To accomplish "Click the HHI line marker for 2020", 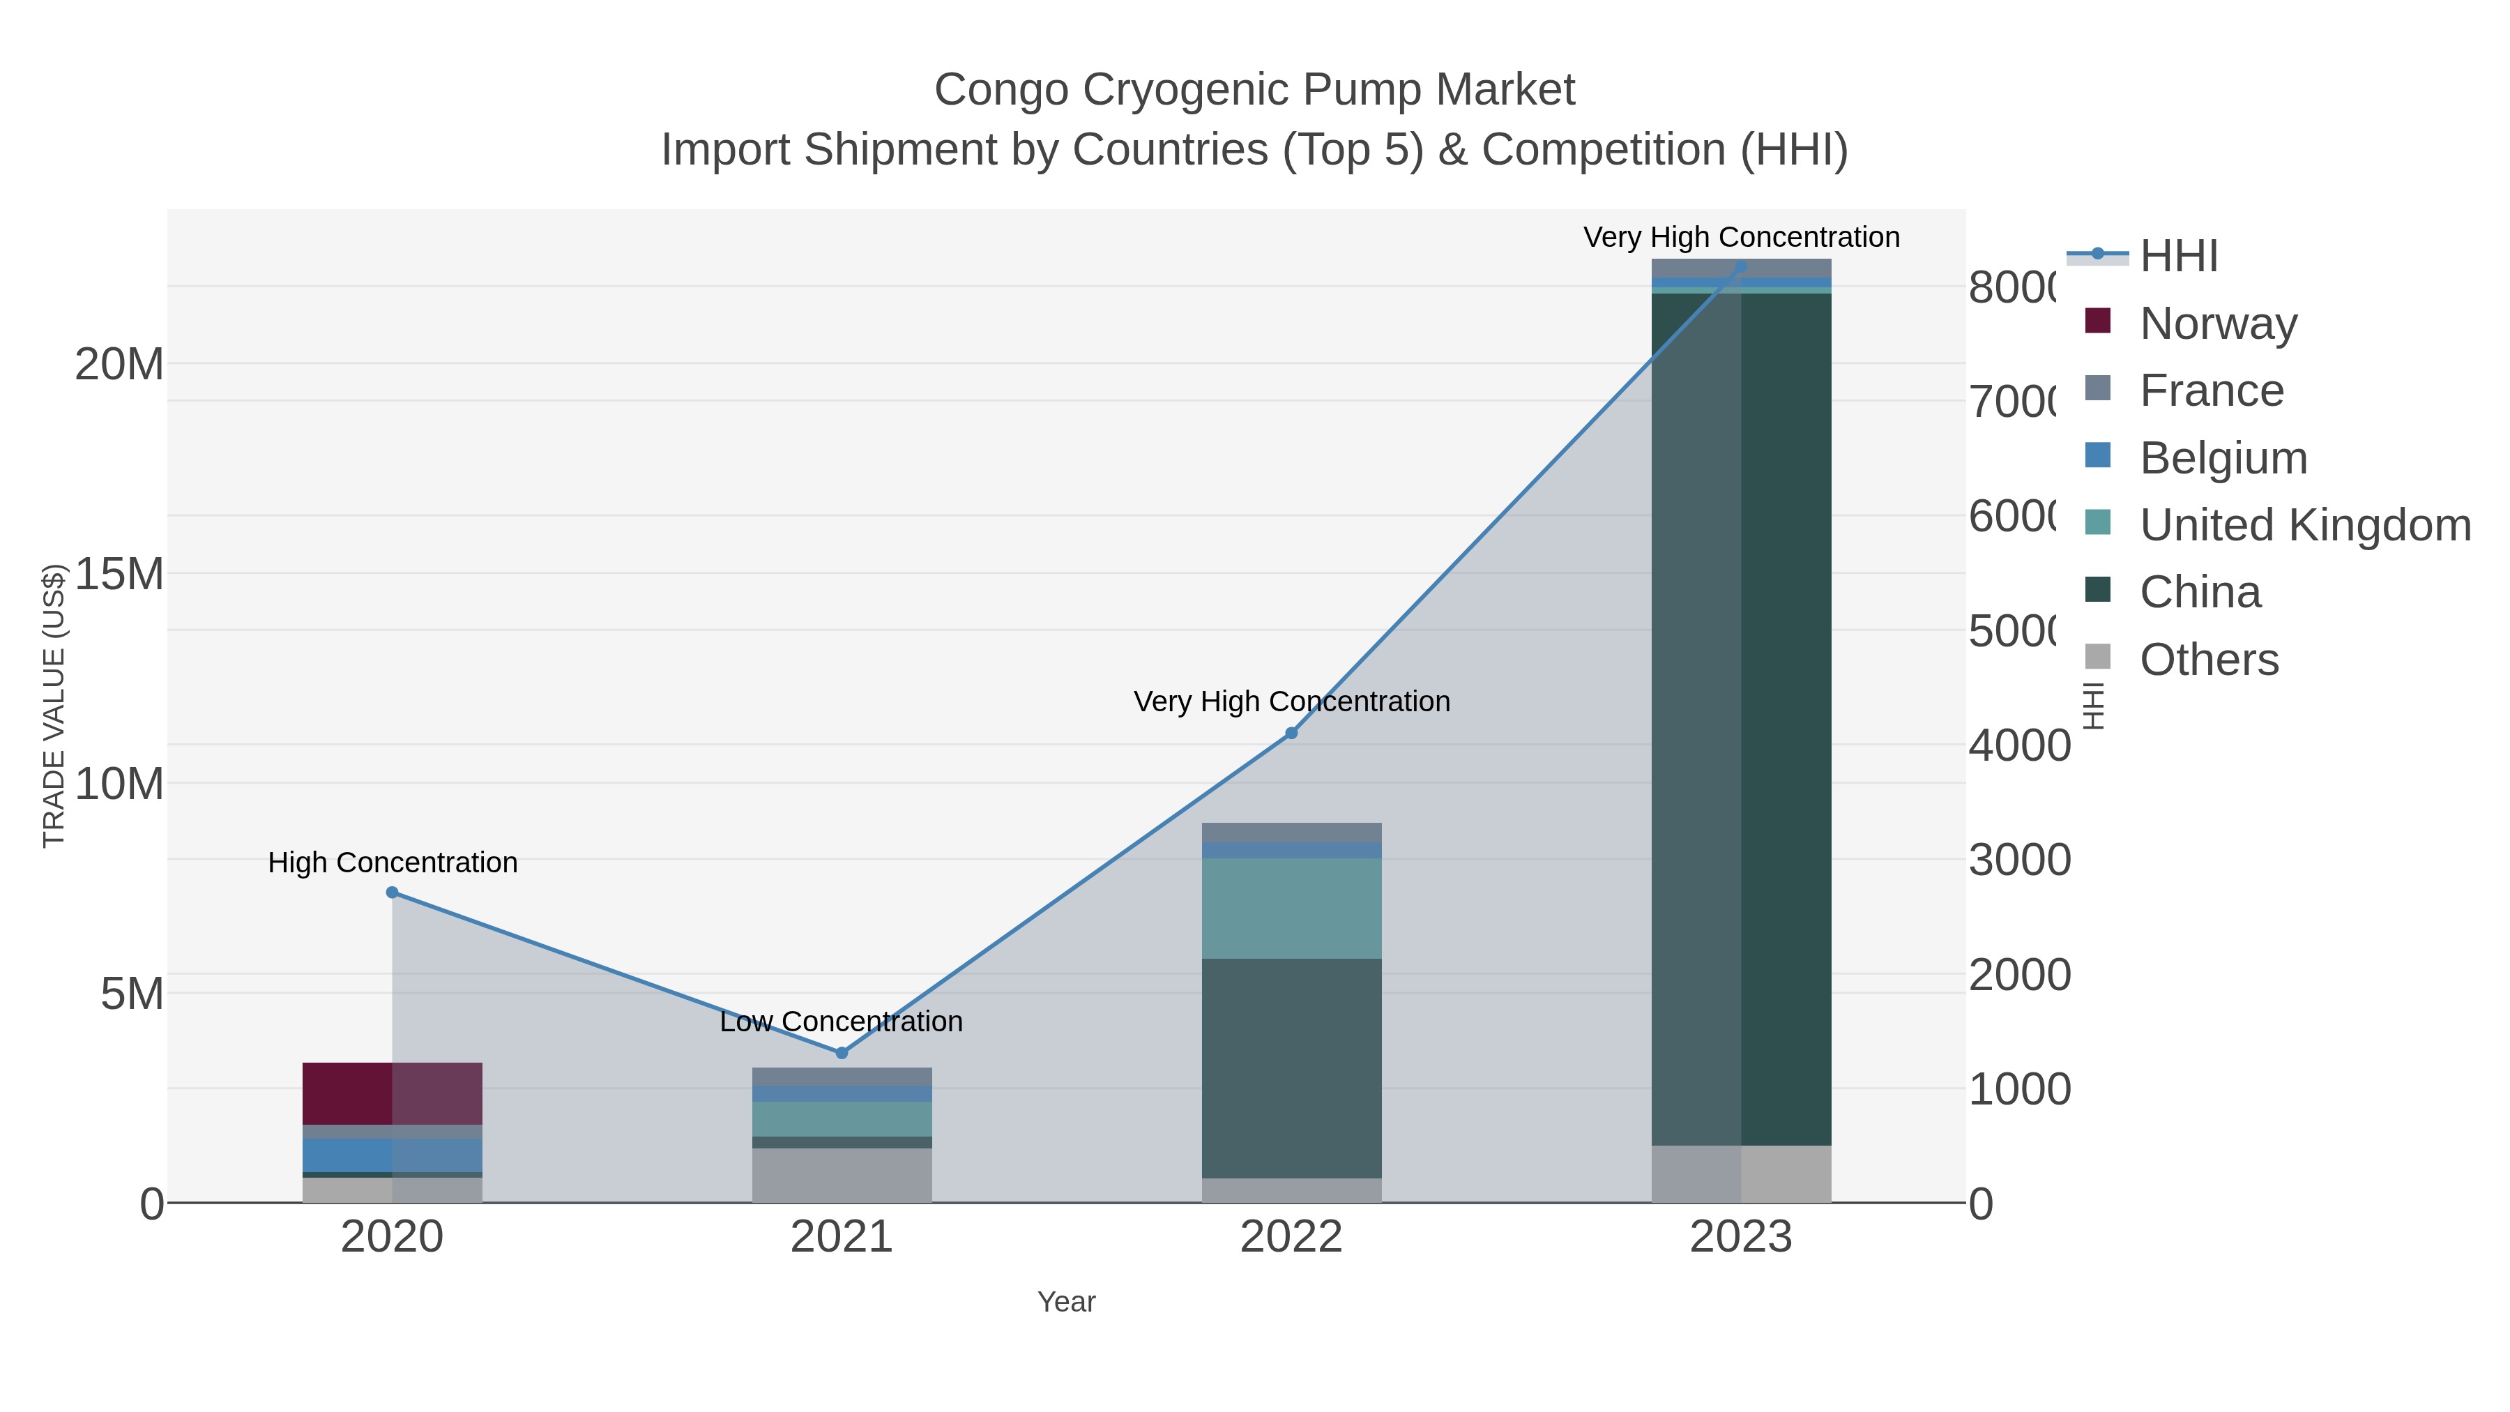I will tap(392, 892).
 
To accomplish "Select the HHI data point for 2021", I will tap(842, 1052).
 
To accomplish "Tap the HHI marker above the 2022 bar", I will tap(1291, 733).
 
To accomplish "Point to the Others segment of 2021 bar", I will tap(842, 1175).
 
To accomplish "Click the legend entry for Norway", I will tap(2218, 323).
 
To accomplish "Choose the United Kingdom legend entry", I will tap(2304, 525).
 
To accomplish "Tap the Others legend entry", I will tap(2208, 660).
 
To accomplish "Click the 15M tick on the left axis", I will tap(119, 574).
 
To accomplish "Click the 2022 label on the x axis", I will tap(1291, 1238).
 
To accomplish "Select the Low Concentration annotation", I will tap(841, 1022).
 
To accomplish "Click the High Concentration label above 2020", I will tap(393, 863).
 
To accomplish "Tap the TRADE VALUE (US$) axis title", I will tap(54, 706).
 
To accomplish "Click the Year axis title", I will tap(1066, 1302).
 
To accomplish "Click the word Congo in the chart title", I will tap(1001, 91).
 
